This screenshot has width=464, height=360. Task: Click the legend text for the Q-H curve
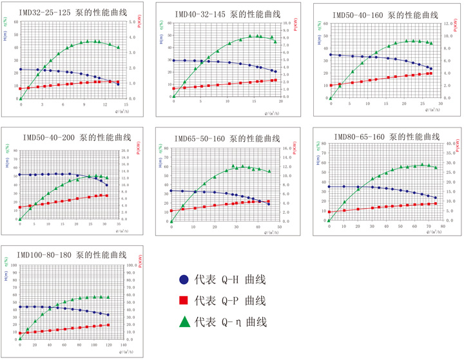point(229,279)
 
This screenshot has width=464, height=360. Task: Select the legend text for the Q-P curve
point(229,300)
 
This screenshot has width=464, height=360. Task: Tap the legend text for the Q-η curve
point(229,321)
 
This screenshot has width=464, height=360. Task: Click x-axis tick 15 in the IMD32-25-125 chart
point(126,104)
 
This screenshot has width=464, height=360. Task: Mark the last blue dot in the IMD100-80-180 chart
point(108,314)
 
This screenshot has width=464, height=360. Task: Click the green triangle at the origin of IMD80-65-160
point(329,220)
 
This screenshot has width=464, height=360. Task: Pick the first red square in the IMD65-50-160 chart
point(171,211)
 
